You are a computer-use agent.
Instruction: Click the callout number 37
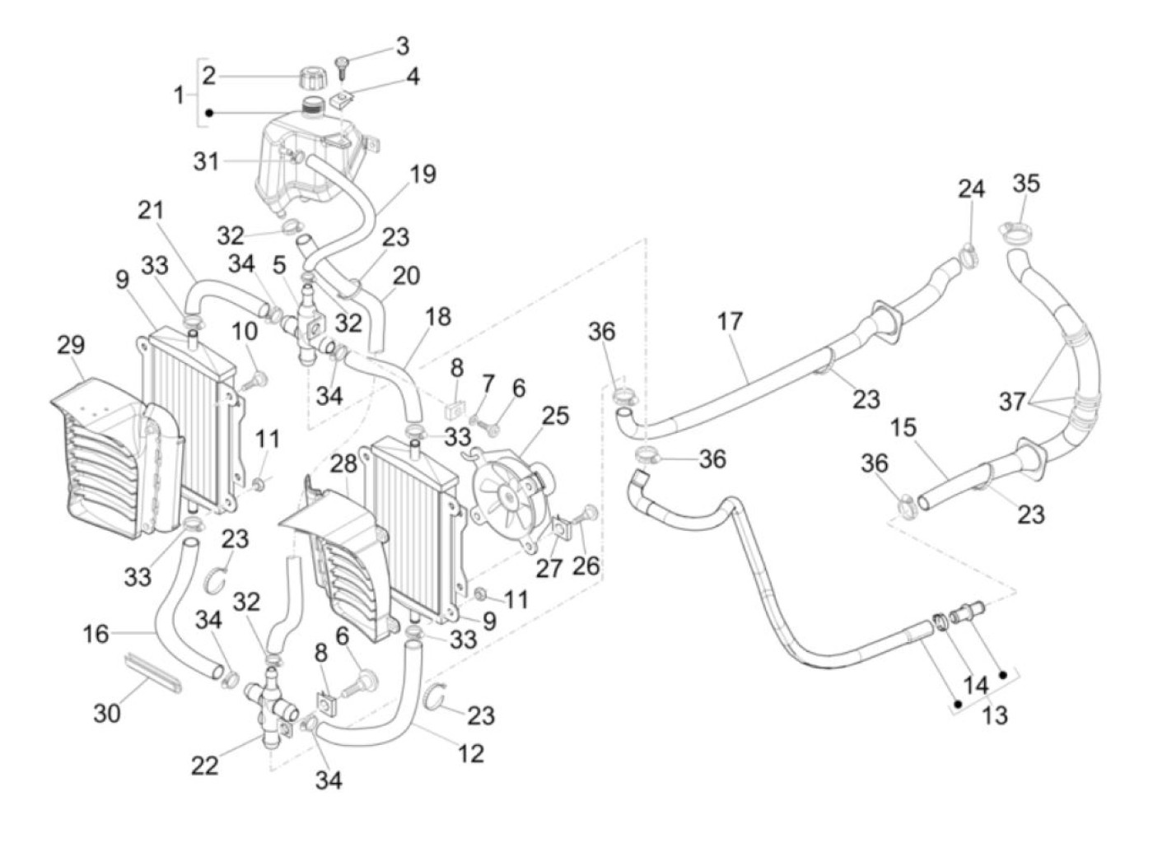pos(1013,402)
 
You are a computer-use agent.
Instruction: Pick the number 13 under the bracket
pos(995,715)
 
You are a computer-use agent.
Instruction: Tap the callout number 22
pos(205,765)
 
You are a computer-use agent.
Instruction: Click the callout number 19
pos(423,175)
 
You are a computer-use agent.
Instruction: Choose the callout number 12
pos(470,752)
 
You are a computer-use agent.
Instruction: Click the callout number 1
pos(179,95)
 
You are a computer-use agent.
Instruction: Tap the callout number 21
pos(151,211)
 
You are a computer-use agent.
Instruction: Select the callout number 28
pos(343,464)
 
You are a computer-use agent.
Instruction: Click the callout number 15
pos(903,429)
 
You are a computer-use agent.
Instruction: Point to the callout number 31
pos(206,161)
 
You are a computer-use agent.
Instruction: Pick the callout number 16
pos(96,633)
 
